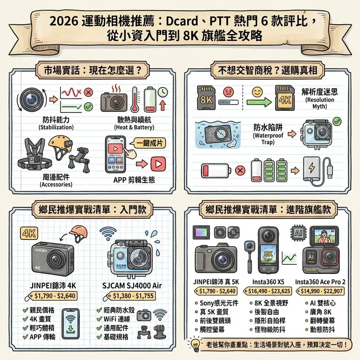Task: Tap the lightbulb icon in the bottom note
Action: [196, 345]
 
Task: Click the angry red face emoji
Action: [227, 90]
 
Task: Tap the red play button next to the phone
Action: [158, 163]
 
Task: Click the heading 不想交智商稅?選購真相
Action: [265, 70]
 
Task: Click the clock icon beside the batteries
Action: [162, 91]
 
